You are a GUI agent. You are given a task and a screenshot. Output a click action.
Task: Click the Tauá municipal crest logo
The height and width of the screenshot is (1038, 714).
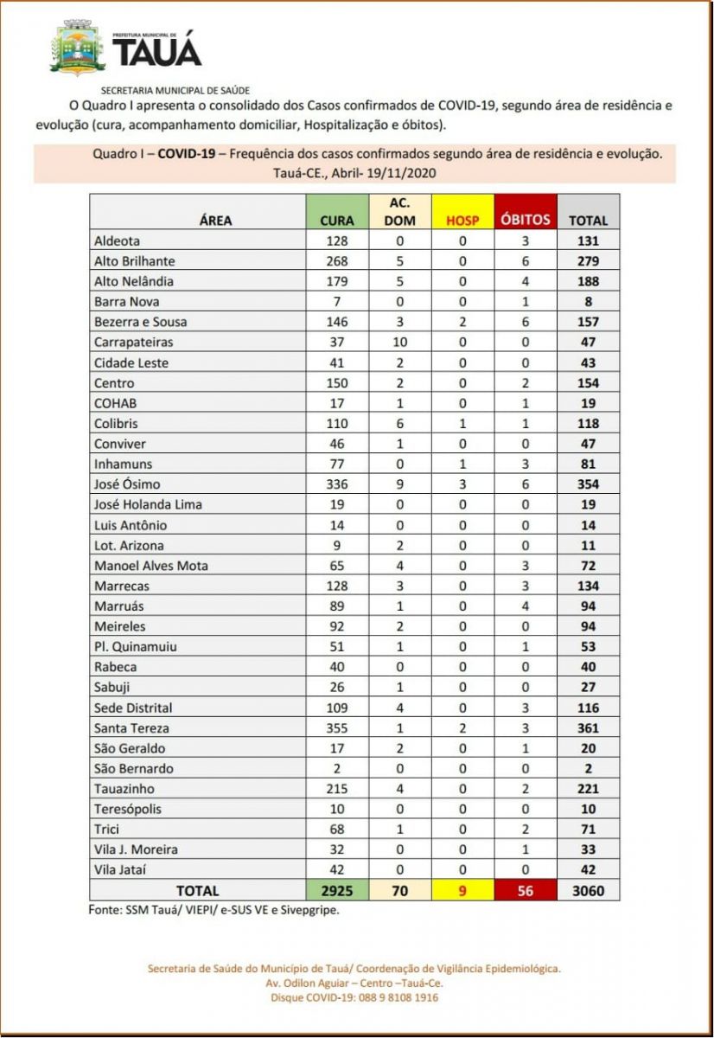click(x=78, y=48)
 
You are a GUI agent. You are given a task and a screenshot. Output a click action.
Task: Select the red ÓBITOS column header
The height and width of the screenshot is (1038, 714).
click(x=525, y=220)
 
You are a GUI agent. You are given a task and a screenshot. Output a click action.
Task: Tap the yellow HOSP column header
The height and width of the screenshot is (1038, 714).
click(x=462, y=220)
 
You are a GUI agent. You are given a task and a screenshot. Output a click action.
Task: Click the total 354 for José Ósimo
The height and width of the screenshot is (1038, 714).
click(x=588, y=484)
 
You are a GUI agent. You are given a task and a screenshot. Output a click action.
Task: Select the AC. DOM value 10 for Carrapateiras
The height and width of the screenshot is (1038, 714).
click(x=399, y=342)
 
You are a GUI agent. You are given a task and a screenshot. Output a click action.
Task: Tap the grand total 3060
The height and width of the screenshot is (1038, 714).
click(x=588, y=890)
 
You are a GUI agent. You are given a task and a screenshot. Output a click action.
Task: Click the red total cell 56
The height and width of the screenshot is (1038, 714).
click(x=525, y=890)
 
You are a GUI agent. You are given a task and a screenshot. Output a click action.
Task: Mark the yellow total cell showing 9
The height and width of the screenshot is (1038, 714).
click(x=462, y=890)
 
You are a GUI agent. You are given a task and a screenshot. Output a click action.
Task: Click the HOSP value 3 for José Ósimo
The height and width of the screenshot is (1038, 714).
click(x=462, y=484)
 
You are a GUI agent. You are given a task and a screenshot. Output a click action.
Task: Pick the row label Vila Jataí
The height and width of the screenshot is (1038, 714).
click(x=120, y=869)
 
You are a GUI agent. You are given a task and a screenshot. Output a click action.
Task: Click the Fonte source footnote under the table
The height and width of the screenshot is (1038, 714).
click(x=213, y=909)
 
